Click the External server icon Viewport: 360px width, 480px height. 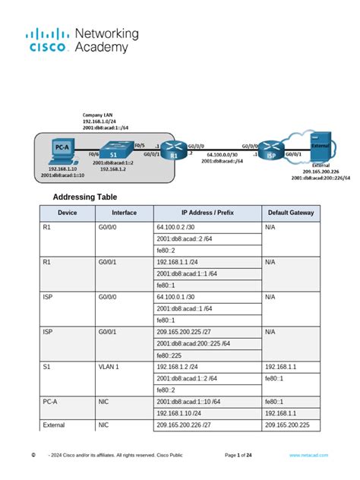(319, 145)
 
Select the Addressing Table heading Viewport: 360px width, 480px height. (84, 197)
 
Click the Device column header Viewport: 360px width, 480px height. (67, 213)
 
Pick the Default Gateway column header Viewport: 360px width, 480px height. (291, 213)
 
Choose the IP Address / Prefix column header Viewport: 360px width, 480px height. (207, 213)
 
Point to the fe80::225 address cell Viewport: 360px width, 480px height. (170, 355)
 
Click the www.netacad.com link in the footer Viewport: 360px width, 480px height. (307, 454)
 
